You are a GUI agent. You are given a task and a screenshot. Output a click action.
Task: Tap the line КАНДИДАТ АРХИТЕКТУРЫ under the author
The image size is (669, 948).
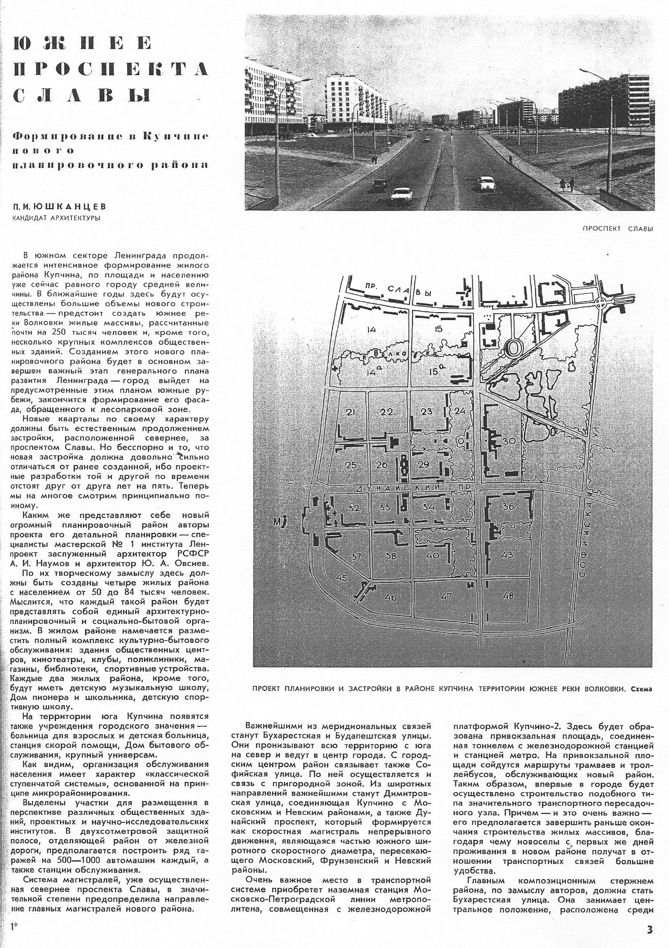(57, 218)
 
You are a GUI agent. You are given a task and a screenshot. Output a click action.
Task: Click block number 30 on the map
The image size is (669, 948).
(509, 441)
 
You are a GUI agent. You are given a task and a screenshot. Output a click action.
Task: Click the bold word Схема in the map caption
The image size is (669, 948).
(641, 689)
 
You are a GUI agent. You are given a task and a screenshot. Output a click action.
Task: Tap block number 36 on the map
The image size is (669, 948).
(508, 507)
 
